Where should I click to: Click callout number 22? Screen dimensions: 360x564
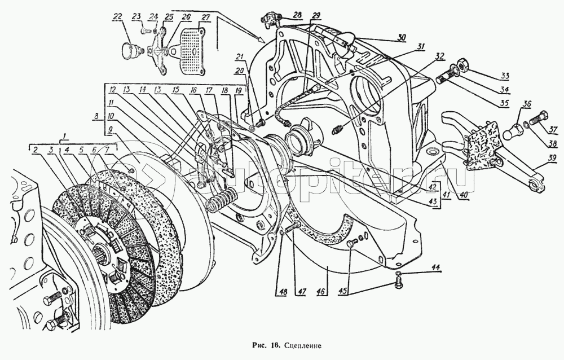[117, 17]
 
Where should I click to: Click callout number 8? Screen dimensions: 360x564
[99, 116]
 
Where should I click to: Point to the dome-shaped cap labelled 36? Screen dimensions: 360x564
[514, 132]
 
